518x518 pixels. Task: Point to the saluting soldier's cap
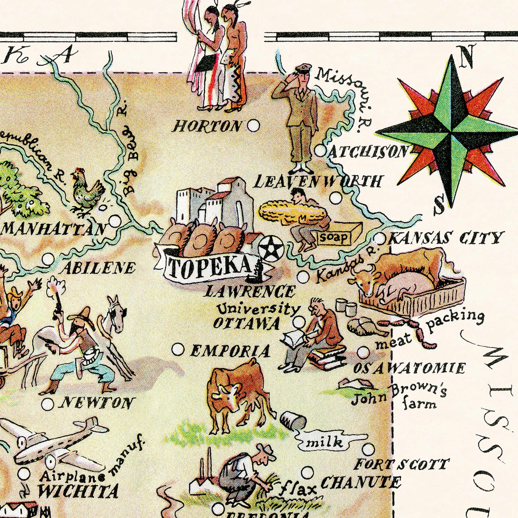[x=303, y=67]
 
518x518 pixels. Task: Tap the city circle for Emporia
[x=178, y=350]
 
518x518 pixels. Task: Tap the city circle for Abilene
[x=48, y=259]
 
